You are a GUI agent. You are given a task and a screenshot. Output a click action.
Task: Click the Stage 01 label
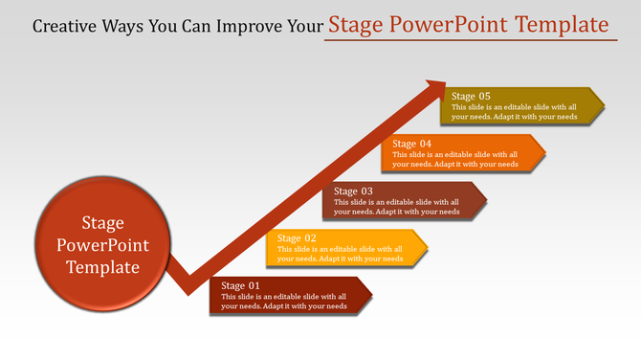[x=240, y=285]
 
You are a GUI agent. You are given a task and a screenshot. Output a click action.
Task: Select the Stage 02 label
[x=297, y=237]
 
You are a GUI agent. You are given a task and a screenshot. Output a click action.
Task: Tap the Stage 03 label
[x=353, y=191]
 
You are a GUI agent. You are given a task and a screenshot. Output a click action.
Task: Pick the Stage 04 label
[x=412, y=144]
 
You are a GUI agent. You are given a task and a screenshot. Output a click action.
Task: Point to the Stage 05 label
[x=471, y=96]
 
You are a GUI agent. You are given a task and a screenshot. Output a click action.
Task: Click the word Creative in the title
[x=65, y=25]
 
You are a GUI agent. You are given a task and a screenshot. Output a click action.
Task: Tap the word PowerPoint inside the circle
[x=103, y=246]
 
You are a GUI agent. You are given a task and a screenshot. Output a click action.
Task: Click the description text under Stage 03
[x=397, y=207]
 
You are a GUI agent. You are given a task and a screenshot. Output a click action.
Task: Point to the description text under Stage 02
[x=340, y=254]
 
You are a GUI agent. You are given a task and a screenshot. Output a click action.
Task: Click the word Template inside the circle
[x=103, y=268]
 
